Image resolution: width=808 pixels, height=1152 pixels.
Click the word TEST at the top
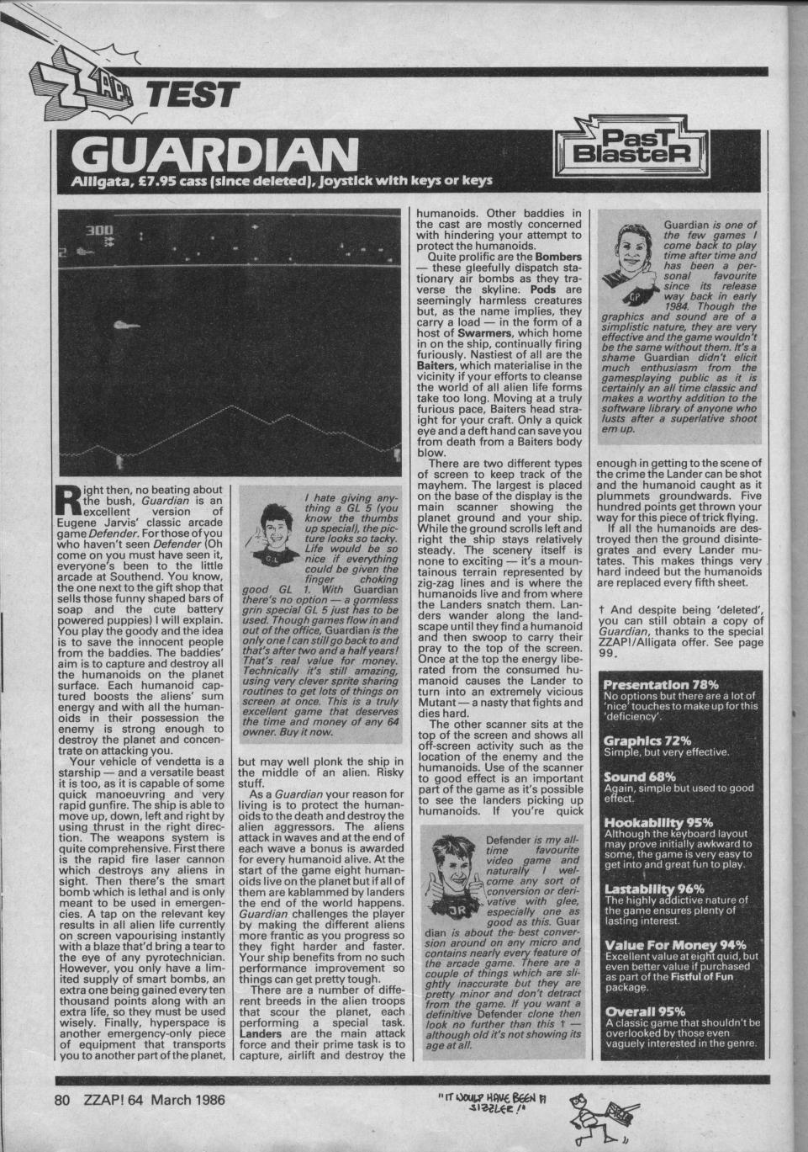point(192,95)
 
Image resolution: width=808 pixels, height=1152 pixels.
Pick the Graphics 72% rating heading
point(648,741)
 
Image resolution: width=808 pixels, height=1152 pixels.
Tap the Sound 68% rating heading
point(640,778)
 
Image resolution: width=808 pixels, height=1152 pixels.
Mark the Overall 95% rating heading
point(644,1011)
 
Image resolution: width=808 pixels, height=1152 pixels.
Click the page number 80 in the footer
point(61,1098)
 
